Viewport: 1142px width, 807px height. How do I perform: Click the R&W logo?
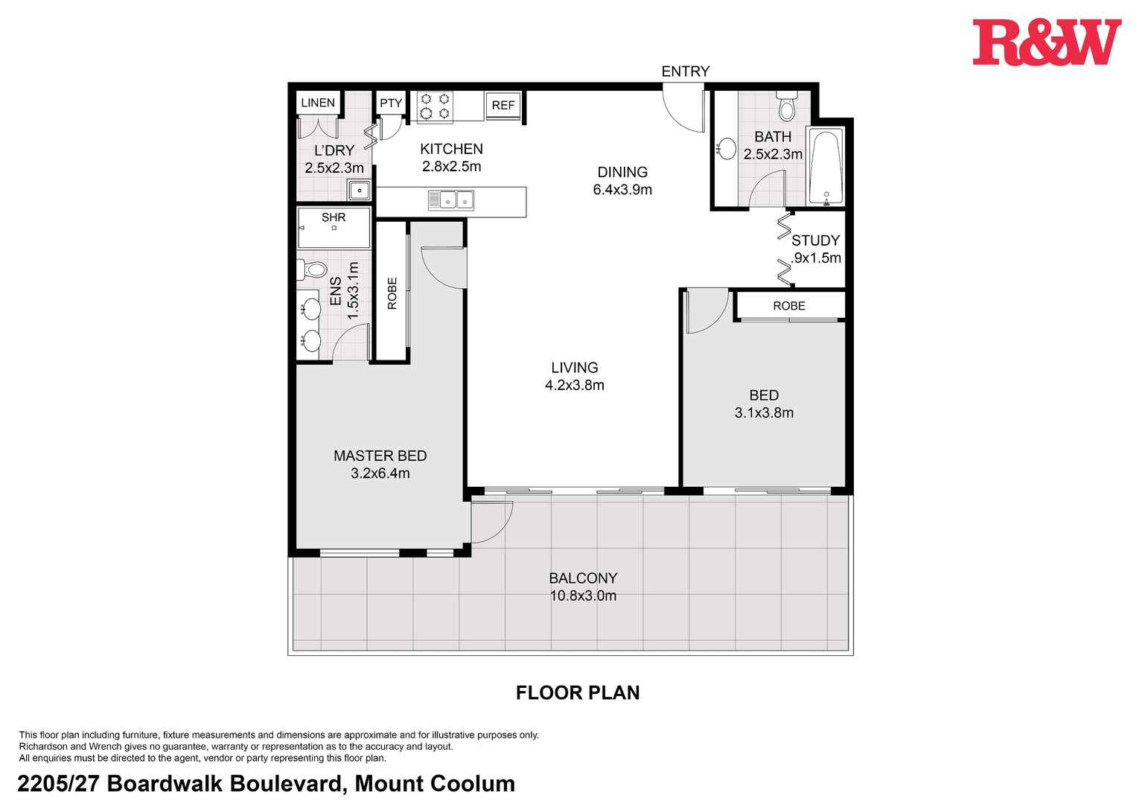pyautogui.click(x=1046, y=42)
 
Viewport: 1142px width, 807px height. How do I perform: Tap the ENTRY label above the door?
pyautogui.click(x=685, y=71)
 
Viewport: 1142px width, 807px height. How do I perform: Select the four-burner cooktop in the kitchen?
pyautogui.click(x=435, y=106)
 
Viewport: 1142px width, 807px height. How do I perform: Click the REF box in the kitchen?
pyautogui.click(x=503, y=106)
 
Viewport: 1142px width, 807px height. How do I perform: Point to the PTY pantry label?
pyautogui.click(x=390, y=103)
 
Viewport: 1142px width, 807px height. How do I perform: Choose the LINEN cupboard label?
pyautogui.click(x=318, y=103)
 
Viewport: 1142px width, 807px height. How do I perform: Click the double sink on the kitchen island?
pyautogui.click(x=451, y=200)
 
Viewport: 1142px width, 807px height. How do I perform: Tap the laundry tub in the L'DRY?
pyautogui.click(x=360, y=191)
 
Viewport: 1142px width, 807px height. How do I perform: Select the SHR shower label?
pyautogui.click(x=334, y=217)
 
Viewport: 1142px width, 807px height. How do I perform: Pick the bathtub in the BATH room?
pyautogui.click(x=826, y=167)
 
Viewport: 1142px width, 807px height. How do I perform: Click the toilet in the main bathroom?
pyautogui.click(x=786, y=107)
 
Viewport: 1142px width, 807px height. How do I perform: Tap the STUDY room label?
pyautogui.click(x=815, y=240)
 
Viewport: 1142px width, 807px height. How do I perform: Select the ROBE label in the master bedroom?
pyautogui.click(x=392, y=293)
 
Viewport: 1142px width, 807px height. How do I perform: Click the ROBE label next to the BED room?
pyautogui.click(x=788, y=306)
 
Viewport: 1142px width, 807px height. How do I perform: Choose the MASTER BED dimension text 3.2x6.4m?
pyautogui.click(x=380, y=473)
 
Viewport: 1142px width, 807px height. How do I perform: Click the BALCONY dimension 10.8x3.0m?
pyautogui.click(x=583, y=596)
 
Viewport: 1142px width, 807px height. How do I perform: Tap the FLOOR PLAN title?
pyautogui.click(x=578, y=693)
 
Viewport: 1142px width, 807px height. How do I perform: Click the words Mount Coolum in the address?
pyautogui.click(x=435, y=784)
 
